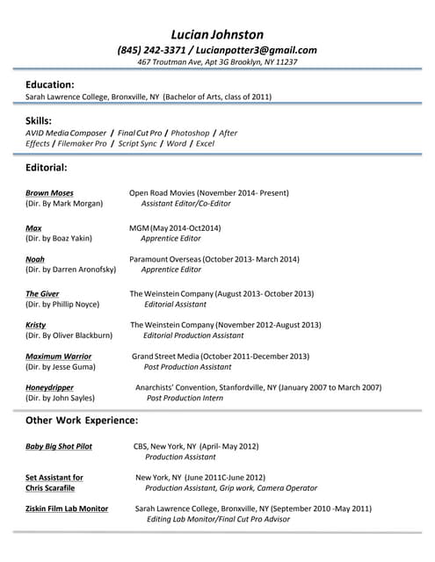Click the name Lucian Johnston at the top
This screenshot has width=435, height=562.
[217, 34]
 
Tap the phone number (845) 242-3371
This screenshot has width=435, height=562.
[150, 50]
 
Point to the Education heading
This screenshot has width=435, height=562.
[49, 83]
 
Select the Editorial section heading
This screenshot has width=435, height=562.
[46, 166]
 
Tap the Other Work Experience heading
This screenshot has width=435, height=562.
[82, 420]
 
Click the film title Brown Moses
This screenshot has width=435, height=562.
[49, 192]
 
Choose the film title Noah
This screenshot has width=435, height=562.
[35, 259]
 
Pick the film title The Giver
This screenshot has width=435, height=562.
[42, 293]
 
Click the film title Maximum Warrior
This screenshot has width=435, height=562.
[58, 357]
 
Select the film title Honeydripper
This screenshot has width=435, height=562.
[49, 387]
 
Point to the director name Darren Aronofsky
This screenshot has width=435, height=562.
[83, 270]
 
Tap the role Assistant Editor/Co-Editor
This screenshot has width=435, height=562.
[186, 203]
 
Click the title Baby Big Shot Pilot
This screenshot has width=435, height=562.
[59, 446]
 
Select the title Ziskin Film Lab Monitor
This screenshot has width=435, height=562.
[67, 508]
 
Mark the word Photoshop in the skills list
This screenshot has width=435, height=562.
[190, 133]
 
